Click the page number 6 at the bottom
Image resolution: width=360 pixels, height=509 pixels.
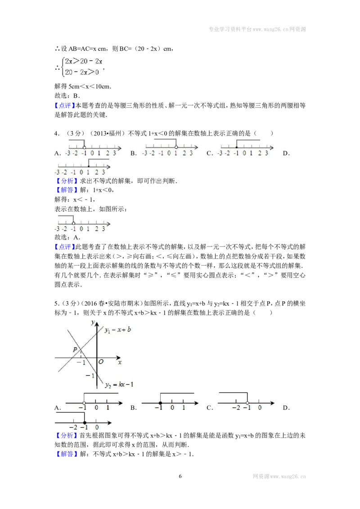pyautogui.click(x=180, y=476)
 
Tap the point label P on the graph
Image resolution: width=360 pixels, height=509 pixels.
pyautogui.click(x=75, y=350)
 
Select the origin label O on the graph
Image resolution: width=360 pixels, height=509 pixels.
pyautogui.click(x=101, y=362)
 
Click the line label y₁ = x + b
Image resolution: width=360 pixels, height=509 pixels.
pyautogui.click(x=117, y=330)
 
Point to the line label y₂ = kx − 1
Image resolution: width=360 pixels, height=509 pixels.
pyautogui.click(x=119, y=384)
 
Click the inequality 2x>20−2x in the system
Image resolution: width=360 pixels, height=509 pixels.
pyautogui.click(x=84, y=61)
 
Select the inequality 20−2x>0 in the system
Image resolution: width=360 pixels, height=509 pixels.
pyautogui.click(x=82, y=72)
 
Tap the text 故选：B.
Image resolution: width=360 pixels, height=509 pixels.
pyautogui.click(x=67, y=96)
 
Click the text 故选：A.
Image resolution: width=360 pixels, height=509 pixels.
pyautogui.click(x=67, y=237)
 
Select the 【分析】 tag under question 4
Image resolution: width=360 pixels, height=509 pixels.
pyautogui.click(x=67, y=181)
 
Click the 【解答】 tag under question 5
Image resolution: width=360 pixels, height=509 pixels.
pyautogui.click(x=67, y=454)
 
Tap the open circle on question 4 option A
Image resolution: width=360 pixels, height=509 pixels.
pyautogui.click(x=85, y=147)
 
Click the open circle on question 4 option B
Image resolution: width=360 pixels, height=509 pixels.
pyautogui.click(x=176, y=147)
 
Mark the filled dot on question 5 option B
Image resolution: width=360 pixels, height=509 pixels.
pyautogui.click(x=161, y=403)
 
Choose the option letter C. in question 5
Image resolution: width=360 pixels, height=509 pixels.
pyautogui.click(x=210, y=408)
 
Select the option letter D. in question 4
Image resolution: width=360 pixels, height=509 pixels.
pyautogui.click(x=286, y=153)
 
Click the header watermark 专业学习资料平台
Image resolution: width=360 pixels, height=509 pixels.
pyautogui.click(x=230, y=29)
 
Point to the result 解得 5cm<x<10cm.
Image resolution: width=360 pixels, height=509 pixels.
pyautogui.click(x=83, y=86)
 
